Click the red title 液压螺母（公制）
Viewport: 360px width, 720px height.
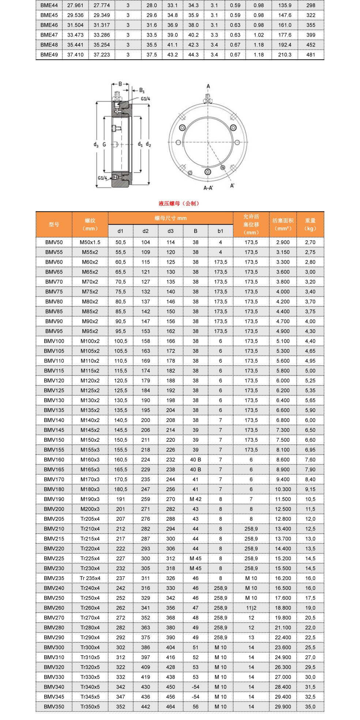(x=179, y=203)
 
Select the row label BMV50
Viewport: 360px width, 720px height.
(x=54, y=242)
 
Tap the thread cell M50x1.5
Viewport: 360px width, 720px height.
(x=90, y=242)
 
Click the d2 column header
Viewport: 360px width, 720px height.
(x=146, y=231)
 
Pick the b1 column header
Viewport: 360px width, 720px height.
(x=220, y=231)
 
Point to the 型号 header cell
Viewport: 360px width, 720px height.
(x=54, y=225)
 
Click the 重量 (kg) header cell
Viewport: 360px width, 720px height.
(x=310, y=225)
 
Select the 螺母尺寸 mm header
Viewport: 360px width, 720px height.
(x=170, y=218)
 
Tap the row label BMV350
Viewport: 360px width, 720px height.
(x=54, y=707)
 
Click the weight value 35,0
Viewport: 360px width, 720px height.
(x=310, y=707)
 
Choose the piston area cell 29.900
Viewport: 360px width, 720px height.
(x=283, y=707)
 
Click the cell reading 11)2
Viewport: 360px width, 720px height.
(x=251, y=608)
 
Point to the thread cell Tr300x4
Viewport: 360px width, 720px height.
(x=90, y=647)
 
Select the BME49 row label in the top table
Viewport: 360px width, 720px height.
(x=49, y=54)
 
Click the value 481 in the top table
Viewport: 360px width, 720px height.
(x=311, y=54)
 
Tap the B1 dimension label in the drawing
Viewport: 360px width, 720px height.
(x=142, y=90)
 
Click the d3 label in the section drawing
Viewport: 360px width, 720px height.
(x=96, y=145)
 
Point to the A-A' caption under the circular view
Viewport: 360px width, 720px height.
(x=208, y=188)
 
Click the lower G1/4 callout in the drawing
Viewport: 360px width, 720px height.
(x=102, y=178)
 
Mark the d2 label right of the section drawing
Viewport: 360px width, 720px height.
(x=148, y=144)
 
